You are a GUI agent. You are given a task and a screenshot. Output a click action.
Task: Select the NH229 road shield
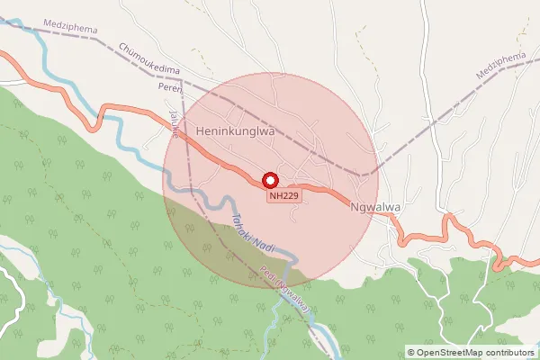[x=283, y=194]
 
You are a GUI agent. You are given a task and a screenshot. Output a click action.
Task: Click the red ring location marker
[x=268, y=179]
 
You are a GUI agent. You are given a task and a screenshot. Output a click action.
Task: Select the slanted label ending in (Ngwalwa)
[x=286, y=292]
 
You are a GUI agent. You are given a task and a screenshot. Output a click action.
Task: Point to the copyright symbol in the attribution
[x=411, y=353]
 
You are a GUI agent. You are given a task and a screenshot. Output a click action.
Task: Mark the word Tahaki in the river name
[x=235, y=223]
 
